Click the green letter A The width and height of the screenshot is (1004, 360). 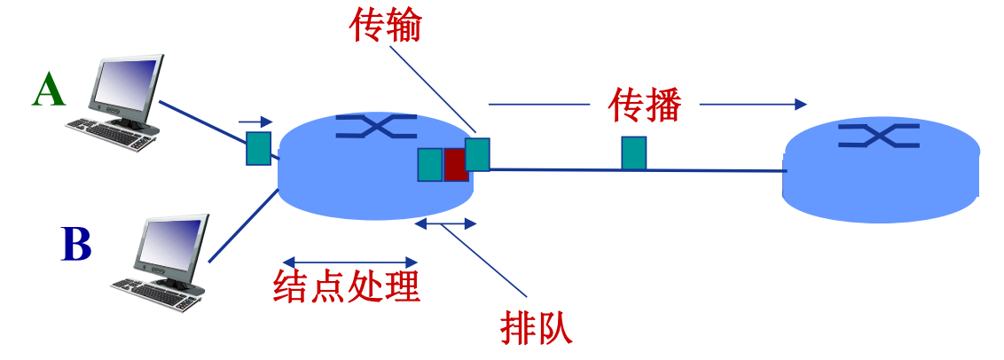[49, 90]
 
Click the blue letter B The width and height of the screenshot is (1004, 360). [76, 245]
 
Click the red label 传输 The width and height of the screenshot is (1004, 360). [385, 27]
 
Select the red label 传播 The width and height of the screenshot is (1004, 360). [645, 105]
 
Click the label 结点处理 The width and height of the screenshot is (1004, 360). [347, 286]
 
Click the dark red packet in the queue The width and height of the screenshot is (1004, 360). [455, 165]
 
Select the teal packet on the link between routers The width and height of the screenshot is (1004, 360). [633, 153]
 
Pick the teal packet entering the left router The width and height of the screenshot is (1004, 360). [258, 147]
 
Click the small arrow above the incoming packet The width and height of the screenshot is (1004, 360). [255, 121]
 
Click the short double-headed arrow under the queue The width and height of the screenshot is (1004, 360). [446, 225]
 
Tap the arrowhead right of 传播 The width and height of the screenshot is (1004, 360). [799, 104]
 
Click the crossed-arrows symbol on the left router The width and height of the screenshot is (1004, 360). [377, 127]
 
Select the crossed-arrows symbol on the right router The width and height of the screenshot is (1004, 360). [879, 135]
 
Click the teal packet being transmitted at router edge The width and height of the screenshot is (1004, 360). [477, 154]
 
